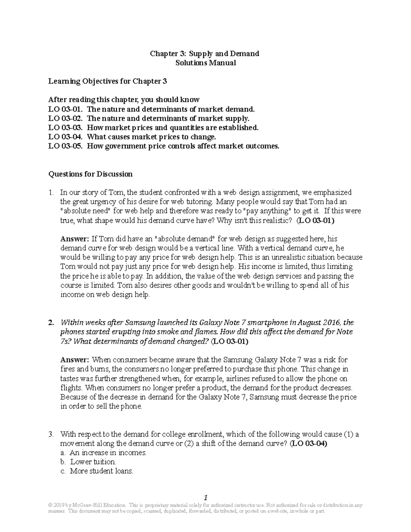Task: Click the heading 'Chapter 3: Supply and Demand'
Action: tap(205, 53)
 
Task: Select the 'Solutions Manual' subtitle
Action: tap(206, 63)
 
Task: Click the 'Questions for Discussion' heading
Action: tap(90, 174)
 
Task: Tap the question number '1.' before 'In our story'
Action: tap(51, 193)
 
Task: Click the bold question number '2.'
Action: tap(51, 322)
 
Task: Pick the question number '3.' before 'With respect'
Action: tap(51, 434)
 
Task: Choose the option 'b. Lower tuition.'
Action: tap(88, 462)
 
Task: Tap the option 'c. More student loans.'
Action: tap(97, 471)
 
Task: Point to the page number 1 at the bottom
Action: tap(206, 497)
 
